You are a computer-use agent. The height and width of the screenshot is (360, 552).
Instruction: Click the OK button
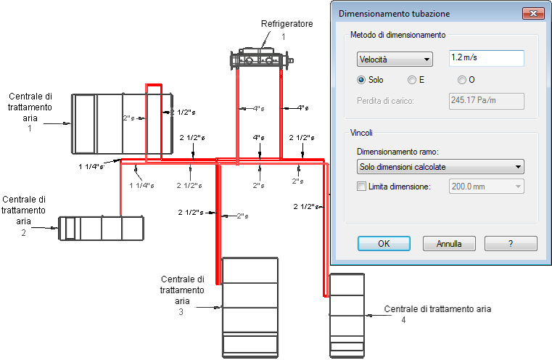click(384, 243)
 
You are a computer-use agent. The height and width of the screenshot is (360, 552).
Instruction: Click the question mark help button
click(511, 243)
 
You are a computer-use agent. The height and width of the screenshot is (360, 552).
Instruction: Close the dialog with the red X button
click(533, 14)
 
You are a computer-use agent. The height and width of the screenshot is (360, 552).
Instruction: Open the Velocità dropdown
click(395, 60)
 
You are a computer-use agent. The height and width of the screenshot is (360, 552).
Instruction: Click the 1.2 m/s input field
click(487, 58)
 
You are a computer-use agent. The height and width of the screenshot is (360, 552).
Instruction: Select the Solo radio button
click(361, 80)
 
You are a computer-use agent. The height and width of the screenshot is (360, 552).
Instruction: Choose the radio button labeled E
click(411, 80)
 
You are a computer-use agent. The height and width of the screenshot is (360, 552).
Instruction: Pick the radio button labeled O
click(462, 80)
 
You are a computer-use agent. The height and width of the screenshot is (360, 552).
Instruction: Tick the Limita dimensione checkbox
click(361, 187)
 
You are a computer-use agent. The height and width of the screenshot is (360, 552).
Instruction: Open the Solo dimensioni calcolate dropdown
click(440, 167)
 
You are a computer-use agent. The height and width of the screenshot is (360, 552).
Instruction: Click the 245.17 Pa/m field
click(487, 101)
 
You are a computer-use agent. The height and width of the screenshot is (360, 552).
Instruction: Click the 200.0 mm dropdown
click(487, 187)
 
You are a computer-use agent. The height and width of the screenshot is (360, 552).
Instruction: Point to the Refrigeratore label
click(287, 24)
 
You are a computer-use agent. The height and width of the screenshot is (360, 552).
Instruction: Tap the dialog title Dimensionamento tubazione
click(395, 14)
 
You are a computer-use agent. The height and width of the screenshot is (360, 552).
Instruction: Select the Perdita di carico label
click(385, 101)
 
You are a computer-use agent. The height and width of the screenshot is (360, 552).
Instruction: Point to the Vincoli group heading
click(361, 133)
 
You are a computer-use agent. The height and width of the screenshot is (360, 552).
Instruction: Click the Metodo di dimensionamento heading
click(397, 35)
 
